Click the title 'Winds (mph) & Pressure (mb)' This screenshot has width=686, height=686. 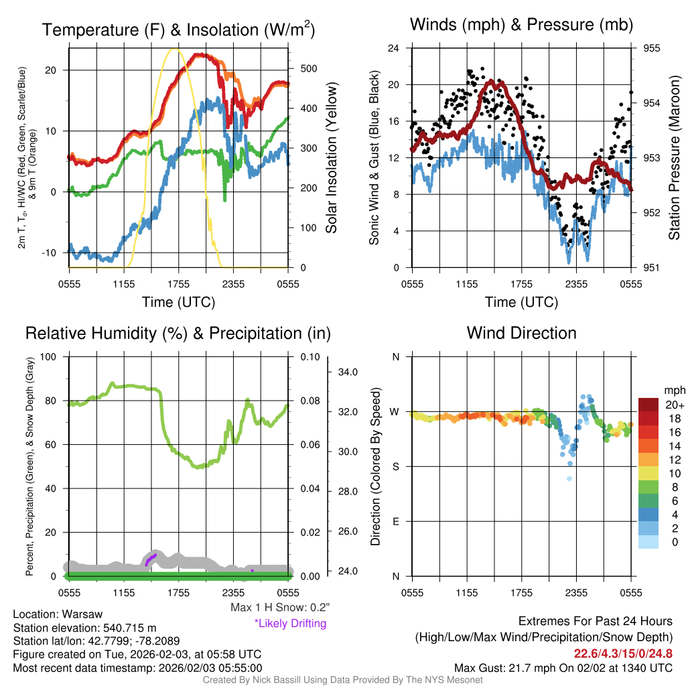tap(521, 25)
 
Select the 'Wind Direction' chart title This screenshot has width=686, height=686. tap(521, 333)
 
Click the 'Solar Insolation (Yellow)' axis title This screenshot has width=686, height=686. tap(332, 157)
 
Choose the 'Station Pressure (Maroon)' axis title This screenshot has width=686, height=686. tap(674, 157)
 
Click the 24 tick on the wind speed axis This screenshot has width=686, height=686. tap(394, 48)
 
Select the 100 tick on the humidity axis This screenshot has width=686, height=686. tap(50, 356)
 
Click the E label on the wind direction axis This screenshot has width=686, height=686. tap(396, 521)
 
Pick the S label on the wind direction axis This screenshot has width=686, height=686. tap(396, 466)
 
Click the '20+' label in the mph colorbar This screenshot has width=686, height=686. tap(673, 405)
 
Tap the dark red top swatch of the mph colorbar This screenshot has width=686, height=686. tap(647, 405)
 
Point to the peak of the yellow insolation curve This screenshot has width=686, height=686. tap(176, 49)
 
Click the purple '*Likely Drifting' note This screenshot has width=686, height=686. tap(290, 623)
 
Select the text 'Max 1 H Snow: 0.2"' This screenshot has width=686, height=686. tap(280, 608)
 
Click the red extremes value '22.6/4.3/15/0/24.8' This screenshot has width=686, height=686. tap(623, 653)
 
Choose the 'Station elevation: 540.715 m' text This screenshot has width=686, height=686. tap(84, 628)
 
